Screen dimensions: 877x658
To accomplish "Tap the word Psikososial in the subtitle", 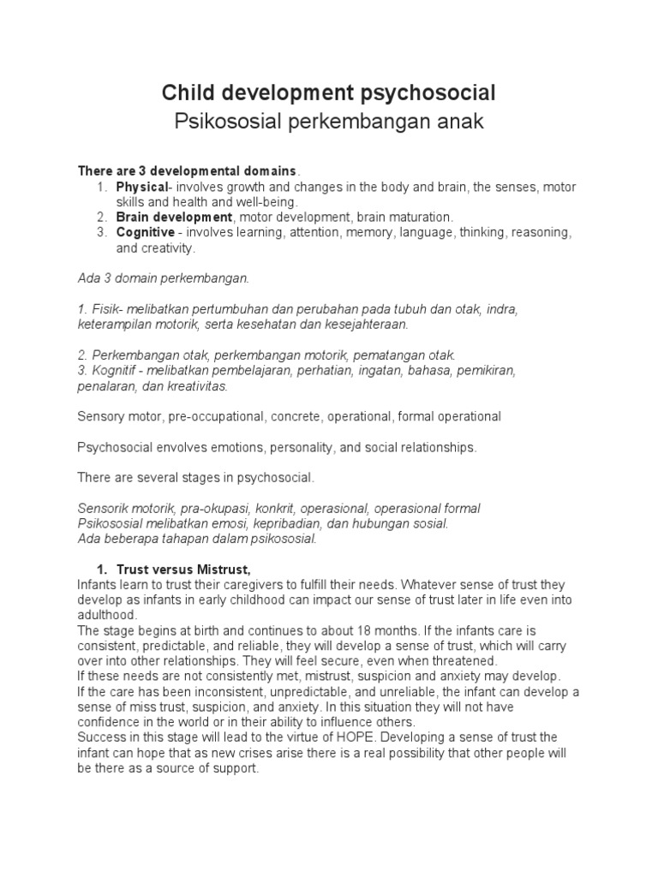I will point(224,122).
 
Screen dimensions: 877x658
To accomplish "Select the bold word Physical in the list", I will point(141,187).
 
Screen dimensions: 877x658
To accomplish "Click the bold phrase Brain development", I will point(174,218).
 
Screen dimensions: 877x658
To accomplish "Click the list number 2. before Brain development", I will point(101,218).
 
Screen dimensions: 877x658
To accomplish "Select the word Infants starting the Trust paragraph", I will point(99,584).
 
